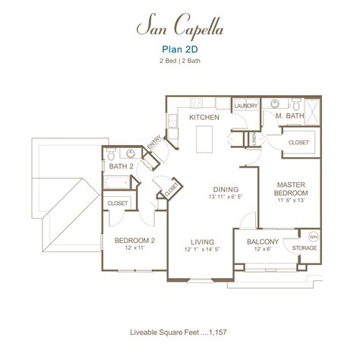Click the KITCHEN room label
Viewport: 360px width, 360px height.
coord(204,118)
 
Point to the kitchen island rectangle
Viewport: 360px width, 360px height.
coord(204,140)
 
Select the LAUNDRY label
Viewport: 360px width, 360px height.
coord(245,106)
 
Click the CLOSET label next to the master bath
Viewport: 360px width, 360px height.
coord(298,142)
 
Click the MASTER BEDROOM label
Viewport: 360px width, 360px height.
coord(291,189)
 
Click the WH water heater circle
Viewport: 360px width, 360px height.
coord(314,236)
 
